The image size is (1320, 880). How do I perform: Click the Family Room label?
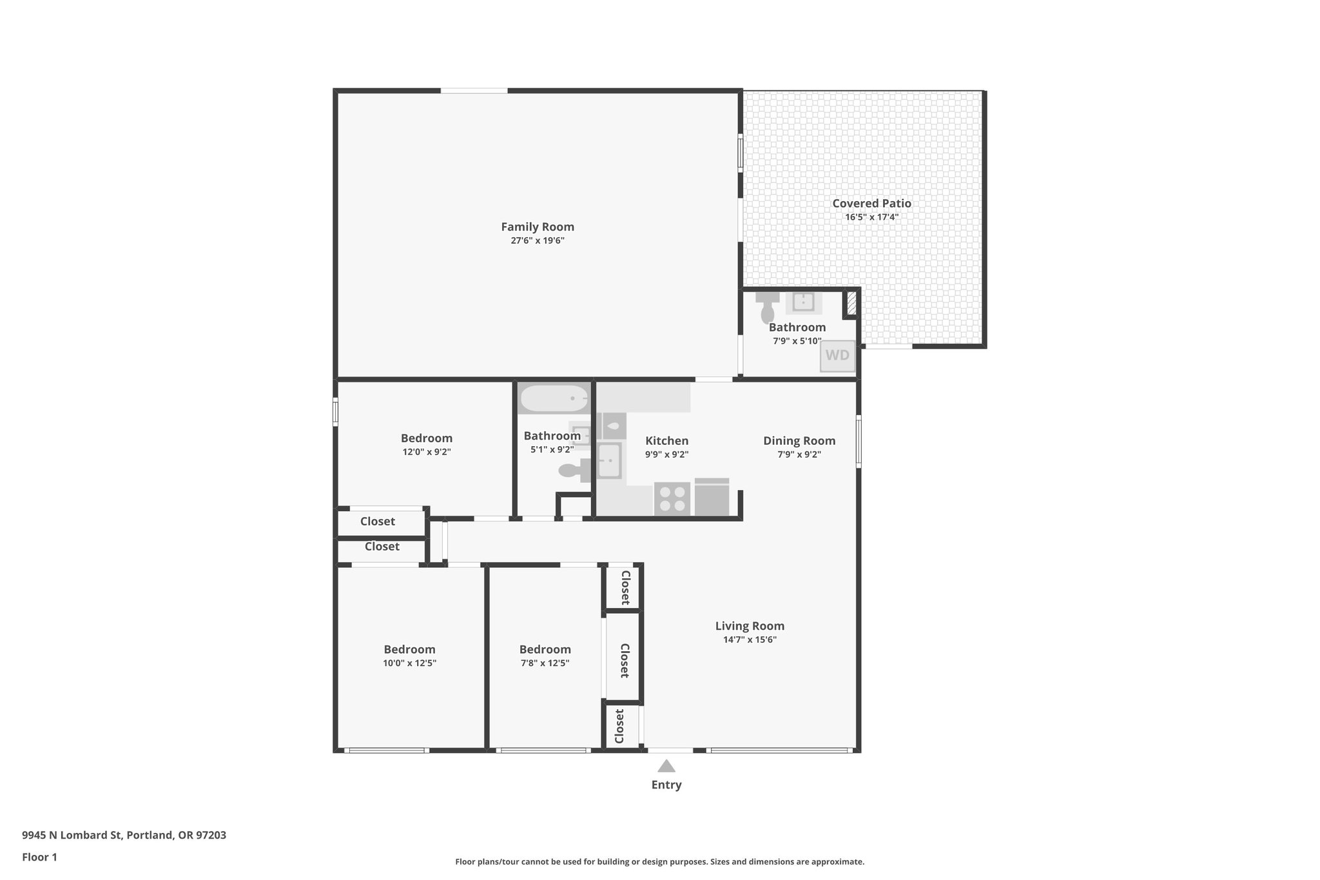pos(538,227)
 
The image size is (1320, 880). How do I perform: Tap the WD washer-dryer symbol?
pos(837,356)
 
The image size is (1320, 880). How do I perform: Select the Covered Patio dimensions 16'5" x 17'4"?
pos(871,217)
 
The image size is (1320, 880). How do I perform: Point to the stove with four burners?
pos(672,499)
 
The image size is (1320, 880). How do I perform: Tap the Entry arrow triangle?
pos(666,766)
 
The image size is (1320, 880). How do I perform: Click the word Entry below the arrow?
pos(666,785)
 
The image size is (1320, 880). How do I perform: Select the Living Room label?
pos(750,626)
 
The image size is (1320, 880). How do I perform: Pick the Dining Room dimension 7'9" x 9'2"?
pos(799,455)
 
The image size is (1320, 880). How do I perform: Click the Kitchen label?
pos(667,441)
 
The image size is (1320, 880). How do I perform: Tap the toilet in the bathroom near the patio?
pos(768,309)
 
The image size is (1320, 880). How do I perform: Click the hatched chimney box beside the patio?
pos(851,304)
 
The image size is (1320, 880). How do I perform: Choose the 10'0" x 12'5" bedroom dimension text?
pos(409,663)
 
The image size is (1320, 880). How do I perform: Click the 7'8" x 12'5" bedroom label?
pos(545,649)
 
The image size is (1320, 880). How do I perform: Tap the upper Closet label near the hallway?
pos(378,522)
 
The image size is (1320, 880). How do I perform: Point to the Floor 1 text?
pos(39,857)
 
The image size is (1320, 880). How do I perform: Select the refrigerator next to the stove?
pos(712,498)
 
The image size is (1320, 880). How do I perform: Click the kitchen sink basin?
pos(608,461)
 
